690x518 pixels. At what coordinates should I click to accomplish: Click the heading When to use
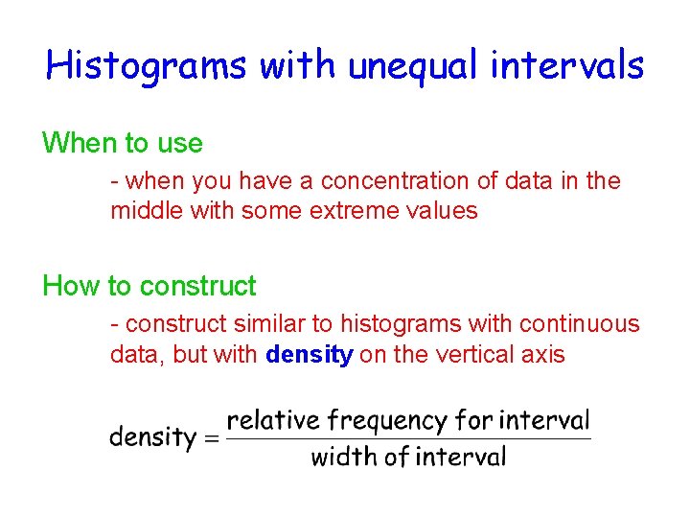[x=123, y=144]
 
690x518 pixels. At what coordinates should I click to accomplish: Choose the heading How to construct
[x=149, y=286]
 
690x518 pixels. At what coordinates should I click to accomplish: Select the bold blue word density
[x=310, y=355]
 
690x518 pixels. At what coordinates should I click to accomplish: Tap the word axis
[x=543, y=355]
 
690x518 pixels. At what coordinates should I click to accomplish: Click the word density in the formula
[x=152, y=438]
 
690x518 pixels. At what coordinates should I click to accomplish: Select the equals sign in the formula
[x=212, y=439]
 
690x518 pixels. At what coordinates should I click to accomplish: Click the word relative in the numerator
[x=272, y=420]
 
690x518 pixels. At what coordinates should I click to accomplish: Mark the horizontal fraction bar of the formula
[x=408, y=439]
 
